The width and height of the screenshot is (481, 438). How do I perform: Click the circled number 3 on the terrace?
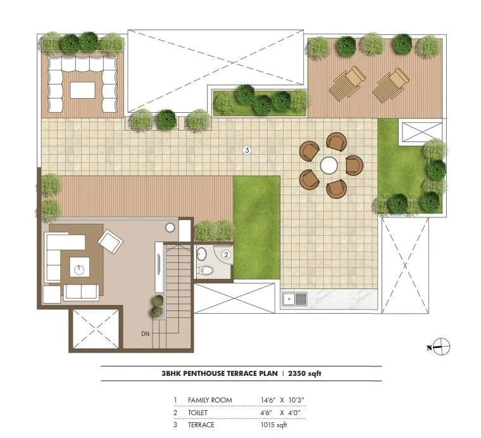pos(247,150)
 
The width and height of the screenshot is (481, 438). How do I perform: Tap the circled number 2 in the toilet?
pos(226,254)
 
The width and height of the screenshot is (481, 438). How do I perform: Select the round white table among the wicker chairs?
pos(329,165)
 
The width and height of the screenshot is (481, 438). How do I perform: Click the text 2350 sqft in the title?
pos(305,374)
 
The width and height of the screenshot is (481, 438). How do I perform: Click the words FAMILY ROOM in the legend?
pos(210,400)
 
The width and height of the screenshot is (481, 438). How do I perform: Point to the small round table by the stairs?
pos(171,228)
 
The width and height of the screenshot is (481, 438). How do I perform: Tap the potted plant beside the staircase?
pos(157,307)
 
